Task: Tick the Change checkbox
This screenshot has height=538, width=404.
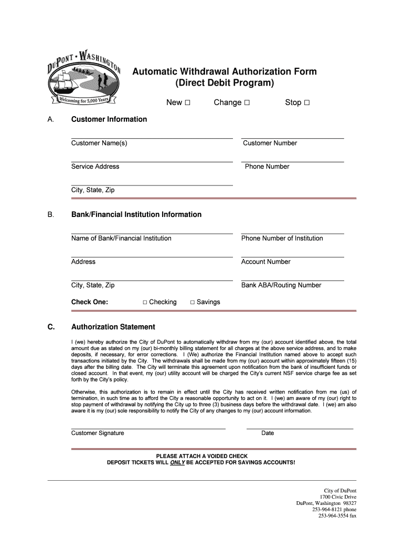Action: click(247, 103)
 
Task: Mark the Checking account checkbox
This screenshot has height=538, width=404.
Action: click(145, 303)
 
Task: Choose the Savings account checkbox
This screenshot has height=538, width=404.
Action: click(193, 303)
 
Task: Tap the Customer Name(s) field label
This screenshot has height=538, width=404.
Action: click(99, 143)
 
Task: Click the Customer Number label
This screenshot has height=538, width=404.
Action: click(270, 143)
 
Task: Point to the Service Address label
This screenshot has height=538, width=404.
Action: click(95, 167)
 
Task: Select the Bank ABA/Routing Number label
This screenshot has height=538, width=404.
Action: click(281, 285)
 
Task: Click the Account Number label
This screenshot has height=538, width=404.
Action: click(265, 262)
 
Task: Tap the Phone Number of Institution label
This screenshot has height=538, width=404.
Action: click(282, 239)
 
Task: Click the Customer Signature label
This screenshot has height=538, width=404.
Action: click(98, 433)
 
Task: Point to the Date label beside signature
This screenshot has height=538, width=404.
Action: click(268, 433)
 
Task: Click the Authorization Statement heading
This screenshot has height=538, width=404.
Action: click(113, 327)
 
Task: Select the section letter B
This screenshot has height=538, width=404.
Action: click(50, 214)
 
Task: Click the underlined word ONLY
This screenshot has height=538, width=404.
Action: click(177, 463)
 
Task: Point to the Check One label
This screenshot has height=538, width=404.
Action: click(90, 302)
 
